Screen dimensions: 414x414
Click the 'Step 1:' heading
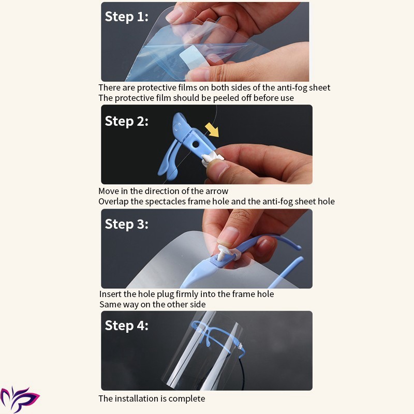click(126, 17)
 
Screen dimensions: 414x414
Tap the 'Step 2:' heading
click(126, 122)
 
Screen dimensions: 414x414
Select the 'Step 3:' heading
click(126, 225)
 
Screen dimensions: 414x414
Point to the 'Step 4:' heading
click(126, 326)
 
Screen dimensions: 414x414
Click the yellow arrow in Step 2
click(213, 130)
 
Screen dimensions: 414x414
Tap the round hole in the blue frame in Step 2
click(196, 144)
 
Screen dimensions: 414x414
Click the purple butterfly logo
click(19, 398)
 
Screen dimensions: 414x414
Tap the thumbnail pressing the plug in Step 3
click(228, 236)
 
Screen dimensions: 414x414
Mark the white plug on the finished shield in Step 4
click(241, 346)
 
